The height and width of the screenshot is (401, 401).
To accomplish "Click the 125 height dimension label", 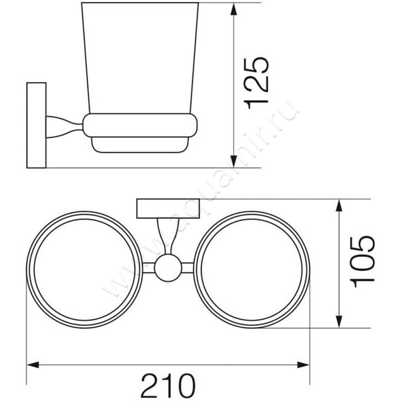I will (259, 83).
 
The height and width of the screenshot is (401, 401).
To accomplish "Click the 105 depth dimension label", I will (362, 262).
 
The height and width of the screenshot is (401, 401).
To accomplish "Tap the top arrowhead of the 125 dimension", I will (234, 9).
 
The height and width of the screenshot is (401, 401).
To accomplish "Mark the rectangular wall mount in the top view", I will (167, 208).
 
